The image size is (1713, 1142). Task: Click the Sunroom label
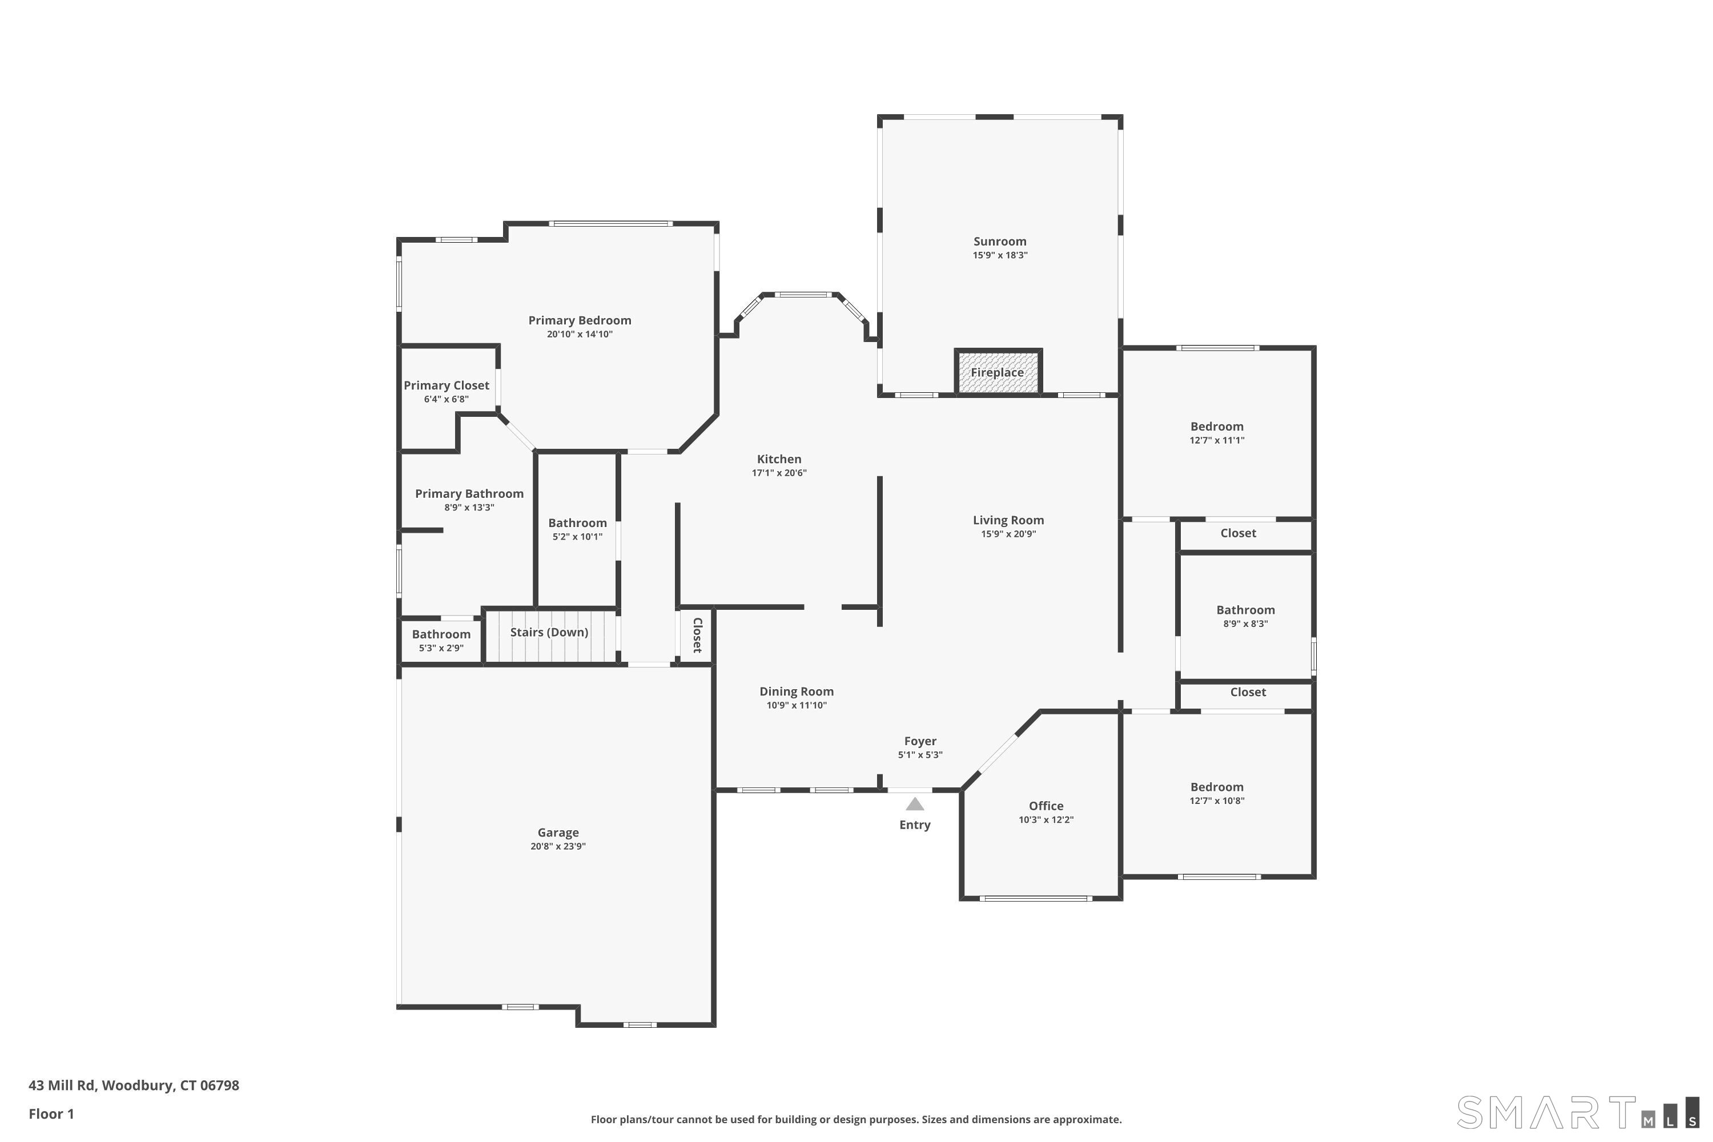point(1000,242)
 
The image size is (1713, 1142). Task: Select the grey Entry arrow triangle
point(915,804)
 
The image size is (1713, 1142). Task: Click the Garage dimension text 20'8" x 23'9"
point(558,846)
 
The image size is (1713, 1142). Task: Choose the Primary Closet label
point(447,386)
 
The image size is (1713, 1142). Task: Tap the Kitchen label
point(779,460)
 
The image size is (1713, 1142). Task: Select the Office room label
point(1046,806)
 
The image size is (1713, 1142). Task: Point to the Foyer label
point(920,741)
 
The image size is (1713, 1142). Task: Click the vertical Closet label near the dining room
point(697,635)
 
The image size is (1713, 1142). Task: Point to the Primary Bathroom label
point(469,494)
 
